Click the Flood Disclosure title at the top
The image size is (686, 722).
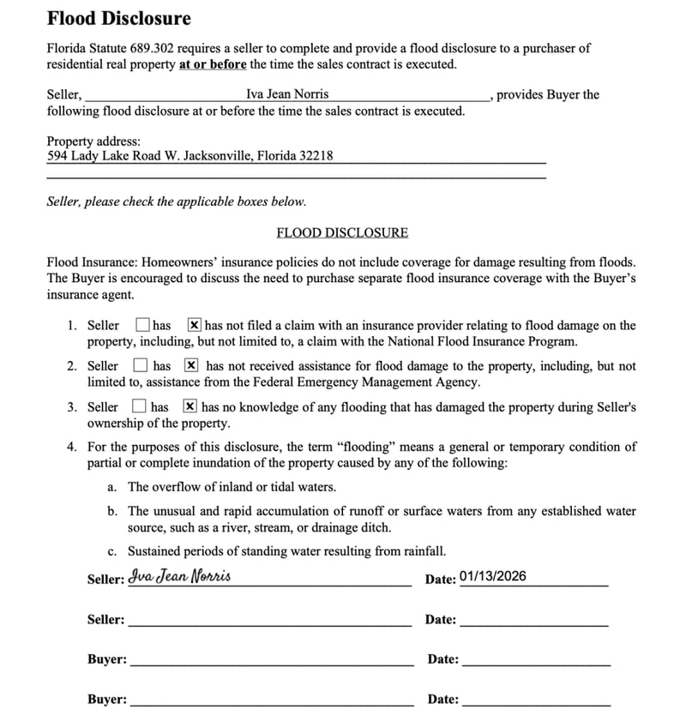click(118, 18)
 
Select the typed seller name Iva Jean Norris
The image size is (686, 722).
click(287, 94)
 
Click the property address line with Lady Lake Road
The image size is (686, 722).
click(190, 156)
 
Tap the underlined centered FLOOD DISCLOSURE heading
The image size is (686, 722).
click(342, 232)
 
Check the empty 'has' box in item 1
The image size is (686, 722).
click(143, 325)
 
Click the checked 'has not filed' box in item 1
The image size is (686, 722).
click(195, 325)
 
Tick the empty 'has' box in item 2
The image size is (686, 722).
click(141, 366)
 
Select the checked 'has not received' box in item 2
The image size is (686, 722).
click(191, 366)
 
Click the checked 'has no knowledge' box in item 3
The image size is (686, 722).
click(190, 406)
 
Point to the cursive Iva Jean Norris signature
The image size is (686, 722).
click(179, 577)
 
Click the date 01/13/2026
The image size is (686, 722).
click(493, 576)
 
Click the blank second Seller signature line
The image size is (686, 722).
click(269, 620)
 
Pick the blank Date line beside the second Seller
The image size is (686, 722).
click(533, 620)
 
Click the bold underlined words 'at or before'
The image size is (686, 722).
click(213, 64)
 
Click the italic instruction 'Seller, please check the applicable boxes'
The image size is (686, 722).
click(176, 202)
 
